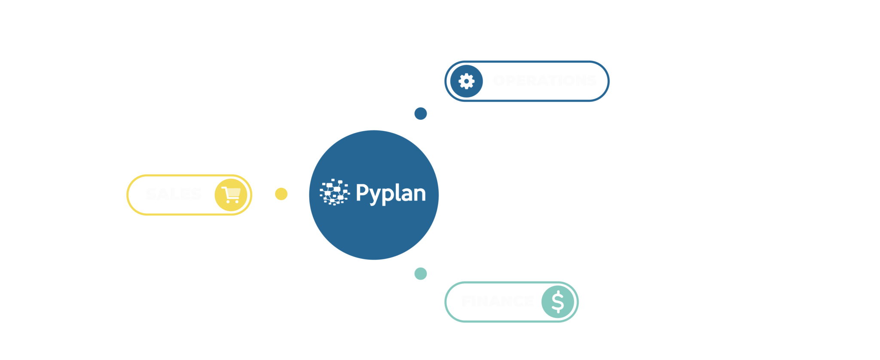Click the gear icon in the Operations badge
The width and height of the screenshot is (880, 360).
tap(466, 81)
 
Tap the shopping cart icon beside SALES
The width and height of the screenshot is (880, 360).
tap(231, 195)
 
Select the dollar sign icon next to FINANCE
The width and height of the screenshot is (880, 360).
tap(557, 302)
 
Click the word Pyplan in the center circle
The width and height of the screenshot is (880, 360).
tap(391, 194)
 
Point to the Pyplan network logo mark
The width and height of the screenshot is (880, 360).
tap(334, 192)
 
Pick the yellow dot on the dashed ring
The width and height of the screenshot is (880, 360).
tap(281, 194)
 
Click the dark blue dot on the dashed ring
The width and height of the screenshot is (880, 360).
tap(420, 113)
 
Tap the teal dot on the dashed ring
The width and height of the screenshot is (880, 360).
tap(420, 274)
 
